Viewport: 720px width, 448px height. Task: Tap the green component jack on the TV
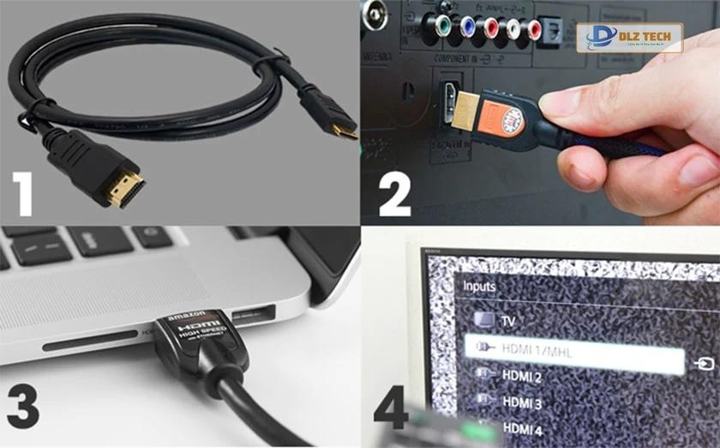click(x=441, y=28)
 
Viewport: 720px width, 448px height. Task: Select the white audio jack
click(x=514, y=28)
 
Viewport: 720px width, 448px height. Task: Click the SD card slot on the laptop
click(x=89, y=342)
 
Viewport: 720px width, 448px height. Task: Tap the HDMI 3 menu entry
click(x=522, y=402)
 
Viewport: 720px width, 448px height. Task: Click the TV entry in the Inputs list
click(x=507, y=320)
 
